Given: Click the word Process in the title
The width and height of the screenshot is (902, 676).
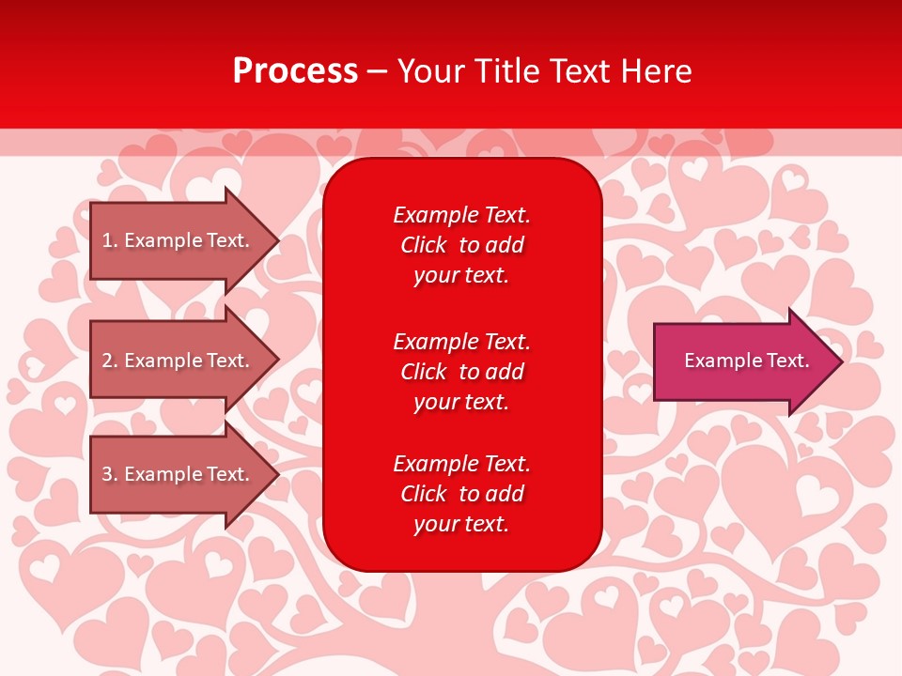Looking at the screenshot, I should (295, 71).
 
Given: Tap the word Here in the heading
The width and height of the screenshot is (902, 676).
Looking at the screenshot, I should (655, 71).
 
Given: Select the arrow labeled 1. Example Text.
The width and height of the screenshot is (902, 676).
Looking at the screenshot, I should (179, 240).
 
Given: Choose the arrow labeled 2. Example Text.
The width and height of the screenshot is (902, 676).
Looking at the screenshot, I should (179, 361).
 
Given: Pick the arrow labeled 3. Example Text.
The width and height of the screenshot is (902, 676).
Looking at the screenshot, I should (179, 474).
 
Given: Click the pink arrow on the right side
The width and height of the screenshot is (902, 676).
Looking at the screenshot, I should (742, 361).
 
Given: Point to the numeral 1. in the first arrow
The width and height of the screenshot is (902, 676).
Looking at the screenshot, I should (110, 240).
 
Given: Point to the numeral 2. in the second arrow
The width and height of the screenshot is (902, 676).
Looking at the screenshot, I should (110, 361).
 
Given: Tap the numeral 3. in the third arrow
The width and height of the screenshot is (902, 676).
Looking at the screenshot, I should (110, 474).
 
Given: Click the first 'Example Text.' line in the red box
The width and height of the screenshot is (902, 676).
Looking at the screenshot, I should (461, 215).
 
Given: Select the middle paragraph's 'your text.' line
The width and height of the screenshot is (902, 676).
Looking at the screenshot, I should (461, 402).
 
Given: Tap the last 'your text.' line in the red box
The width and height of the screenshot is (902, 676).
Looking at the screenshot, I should (461, 524).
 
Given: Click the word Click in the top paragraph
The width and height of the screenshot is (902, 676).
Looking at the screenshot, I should (423, 245).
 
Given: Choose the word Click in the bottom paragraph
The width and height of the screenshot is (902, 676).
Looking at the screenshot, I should (423, 494).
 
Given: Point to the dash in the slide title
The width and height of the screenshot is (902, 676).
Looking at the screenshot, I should (377, 71).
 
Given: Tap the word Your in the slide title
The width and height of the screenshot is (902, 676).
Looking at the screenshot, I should (431, 71).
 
